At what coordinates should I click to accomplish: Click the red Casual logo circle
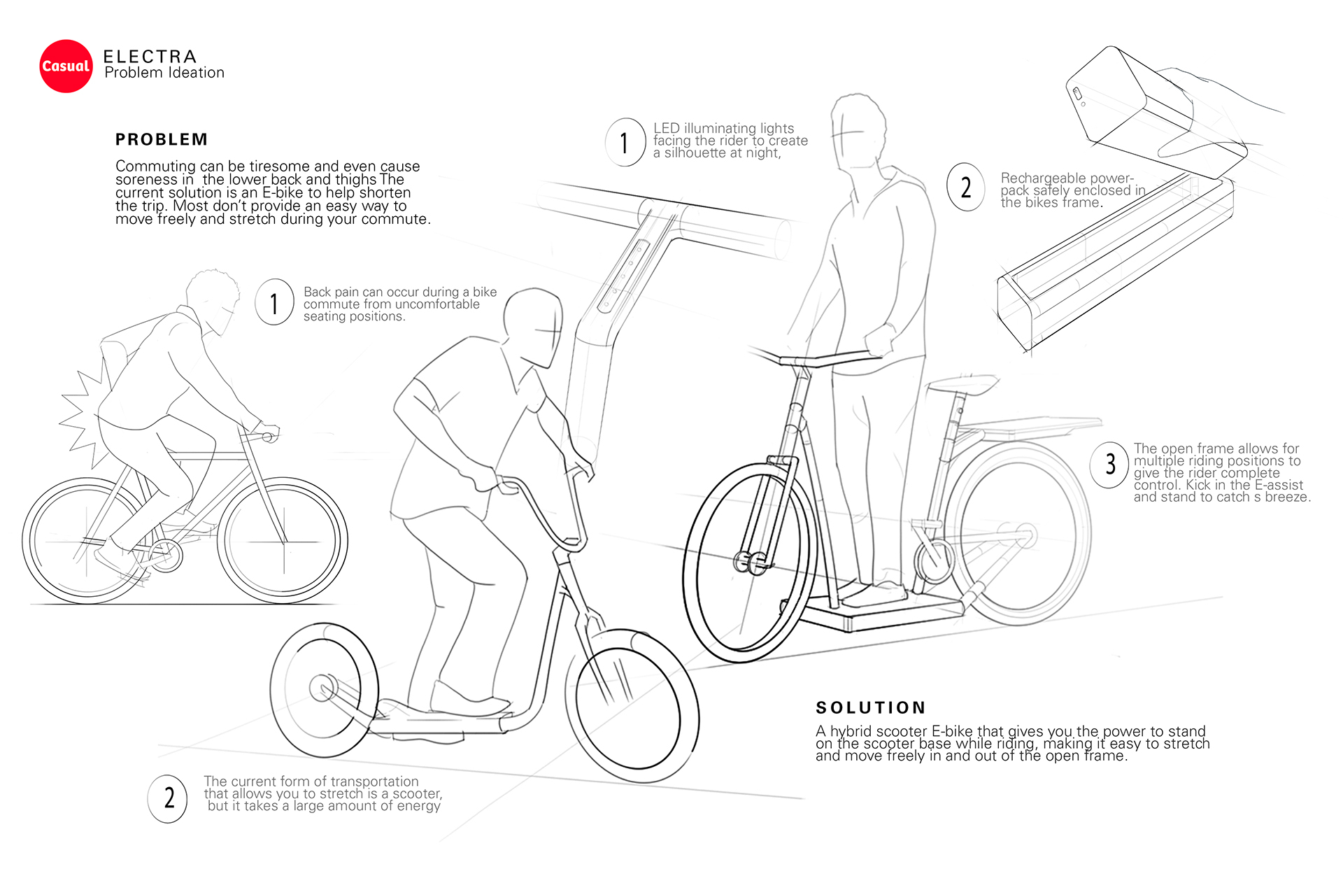click(66, 66)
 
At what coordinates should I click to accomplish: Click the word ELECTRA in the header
click(150, 56)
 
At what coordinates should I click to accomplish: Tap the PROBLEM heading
click(162, 139)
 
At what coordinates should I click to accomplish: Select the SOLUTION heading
click(871, 707)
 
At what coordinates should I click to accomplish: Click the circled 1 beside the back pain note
click(274, 303)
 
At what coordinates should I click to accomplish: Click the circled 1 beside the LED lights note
click(625, 143)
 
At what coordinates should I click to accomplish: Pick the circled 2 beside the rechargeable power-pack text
click(966, 187)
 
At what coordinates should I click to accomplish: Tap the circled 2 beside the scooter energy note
click(168, 798)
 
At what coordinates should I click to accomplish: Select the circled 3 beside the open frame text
click(1109, 464)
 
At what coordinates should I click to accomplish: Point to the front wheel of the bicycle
click(282, 541)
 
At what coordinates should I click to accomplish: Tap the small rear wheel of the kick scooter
click(323, 689)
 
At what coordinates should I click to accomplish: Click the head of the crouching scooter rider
click(533, 325)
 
